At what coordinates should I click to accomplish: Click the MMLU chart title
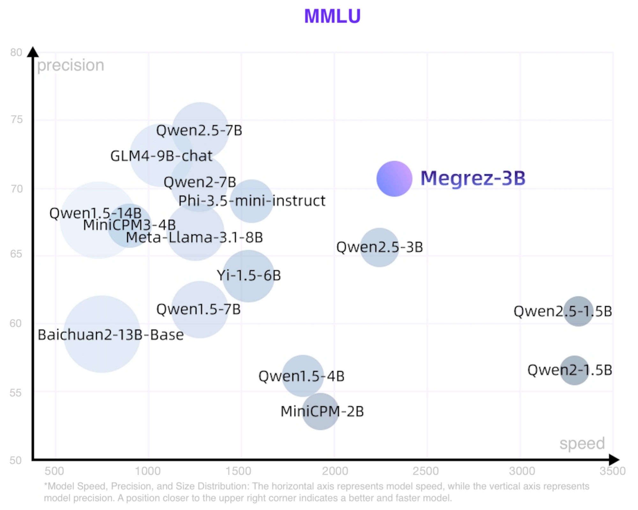332,16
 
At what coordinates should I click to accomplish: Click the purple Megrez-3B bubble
394,178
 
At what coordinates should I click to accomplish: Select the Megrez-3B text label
473,178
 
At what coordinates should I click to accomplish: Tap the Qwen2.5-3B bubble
379,247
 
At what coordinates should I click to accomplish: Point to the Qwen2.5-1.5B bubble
578,311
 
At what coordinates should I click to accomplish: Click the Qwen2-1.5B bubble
574,370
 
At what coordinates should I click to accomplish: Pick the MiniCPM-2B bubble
320,411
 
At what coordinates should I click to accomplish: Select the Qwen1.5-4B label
301,376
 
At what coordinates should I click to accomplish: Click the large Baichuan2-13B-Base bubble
101,334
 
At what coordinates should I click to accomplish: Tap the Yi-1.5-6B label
249,275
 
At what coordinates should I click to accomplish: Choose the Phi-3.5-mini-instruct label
252,201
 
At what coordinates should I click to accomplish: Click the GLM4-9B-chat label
161,156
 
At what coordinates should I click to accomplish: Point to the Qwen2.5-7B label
199,130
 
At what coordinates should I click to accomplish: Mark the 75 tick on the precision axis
17,120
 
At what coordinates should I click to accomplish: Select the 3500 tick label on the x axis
612,471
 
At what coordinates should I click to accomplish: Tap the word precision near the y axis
70,65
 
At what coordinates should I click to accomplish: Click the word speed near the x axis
582,443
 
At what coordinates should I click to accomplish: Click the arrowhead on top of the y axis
33,52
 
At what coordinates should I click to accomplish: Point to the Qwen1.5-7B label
198,309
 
